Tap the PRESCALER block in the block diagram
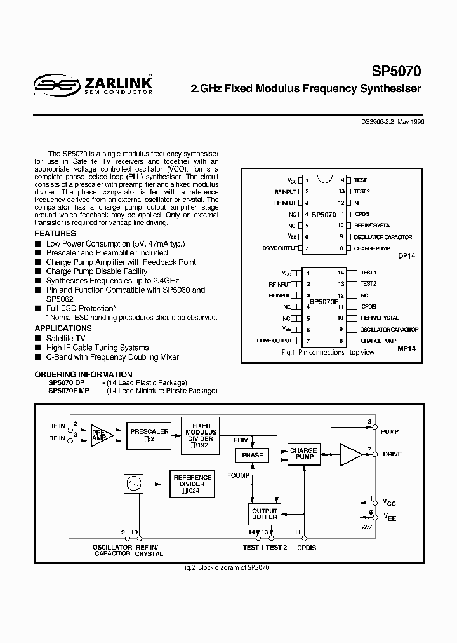149,435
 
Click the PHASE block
253,456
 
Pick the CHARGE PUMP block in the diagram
303,454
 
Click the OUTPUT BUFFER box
265,514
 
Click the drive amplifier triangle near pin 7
350,454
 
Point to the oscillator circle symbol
133,485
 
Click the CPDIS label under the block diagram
307,547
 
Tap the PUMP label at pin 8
390,431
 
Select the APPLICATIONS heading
63,328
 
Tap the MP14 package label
406,349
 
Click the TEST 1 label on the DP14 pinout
362,180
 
